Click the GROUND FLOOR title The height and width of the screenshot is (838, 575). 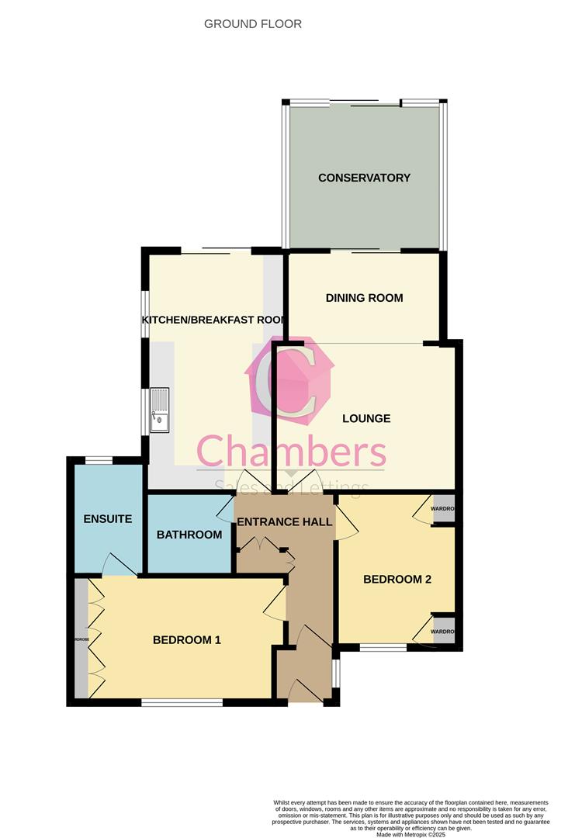[x=253, y=24]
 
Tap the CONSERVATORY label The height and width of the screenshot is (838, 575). [x=364, y=178]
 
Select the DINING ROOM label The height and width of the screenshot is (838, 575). [x=364, y=298]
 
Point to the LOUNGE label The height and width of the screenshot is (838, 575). [x=366, y=418]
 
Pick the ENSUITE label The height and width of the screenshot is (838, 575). [x=108, y=519]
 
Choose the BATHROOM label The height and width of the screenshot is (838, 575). [x=189, y=535]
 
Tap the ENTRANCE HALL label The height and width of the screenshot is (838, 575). [x=284, y=521]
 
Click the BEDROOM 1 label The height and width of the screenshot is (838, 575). [x=187, y=640]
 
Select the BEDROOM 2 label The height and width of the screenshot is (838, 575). [x=397, y=579]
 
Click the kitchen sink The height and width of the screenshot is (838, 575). [x=160, y=410]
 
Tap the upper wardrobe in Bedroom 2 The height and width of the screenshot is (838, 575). [x=443, y=508]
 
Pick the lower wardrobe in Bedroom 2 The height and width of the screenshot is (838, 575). [x=443, y=631]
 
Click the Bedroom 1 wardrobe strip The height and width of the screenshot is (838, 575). [x=81, y=639]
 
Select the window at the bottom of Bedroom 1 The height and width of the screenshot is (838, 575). [x=182, y=702]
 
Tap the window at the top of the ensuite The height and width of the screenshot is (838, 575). [x=99, y=461]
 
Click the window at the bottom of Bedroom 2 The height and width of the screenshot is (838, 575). [x=383, y=647]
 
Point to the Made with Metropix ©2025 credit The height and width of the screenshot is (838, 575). [x=411, y=834]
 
